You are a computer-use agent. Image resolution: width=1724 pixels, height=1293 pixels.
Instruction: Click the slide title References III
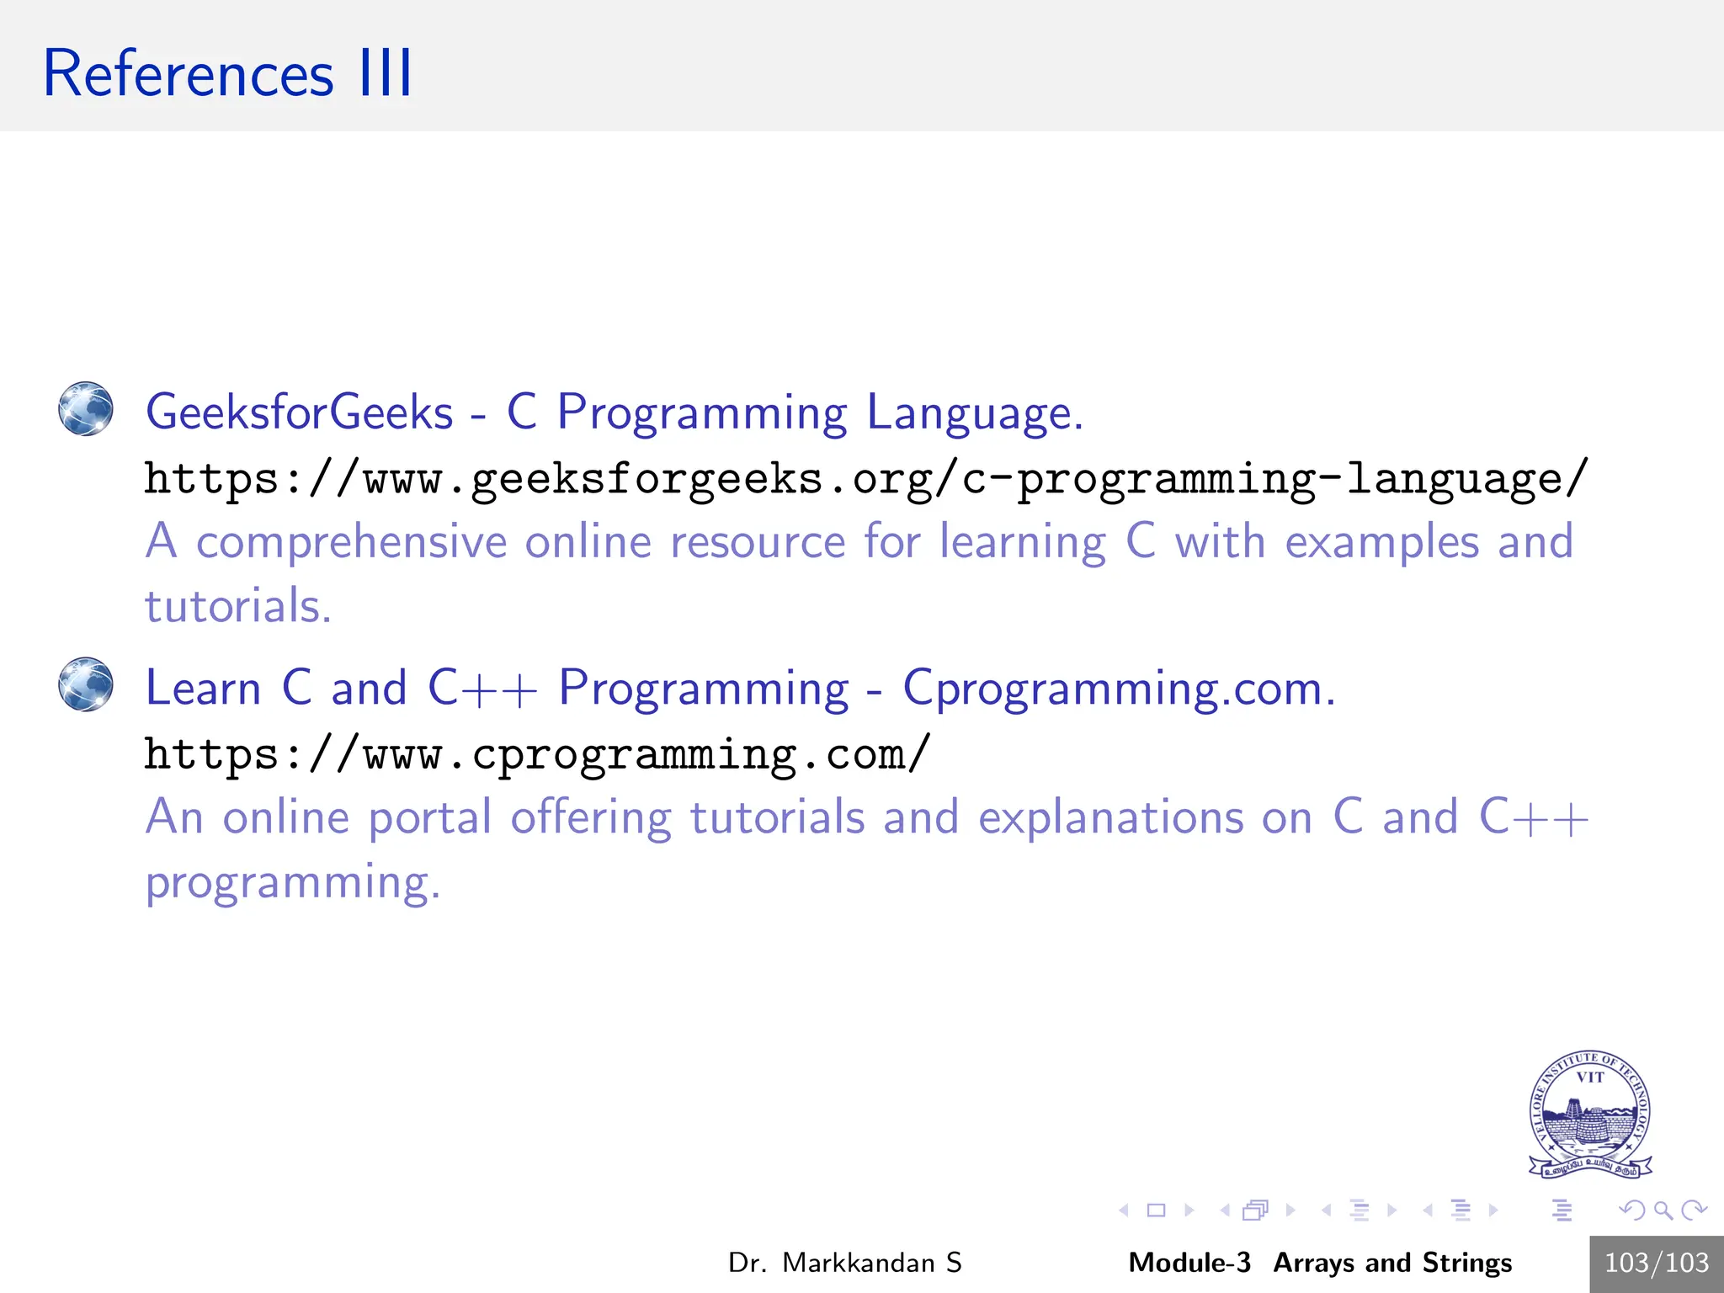pos(227,74)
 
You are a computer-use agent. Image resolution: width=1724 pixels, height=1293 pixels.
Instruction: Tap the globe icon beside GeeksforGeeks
pos(86,409)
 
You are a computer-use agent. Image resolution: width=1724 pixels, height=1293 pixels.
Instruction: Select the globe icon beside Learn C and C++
pos(86,684)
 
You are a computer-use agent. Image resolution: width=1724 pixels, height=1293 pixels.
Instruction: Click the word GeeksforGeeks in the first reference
pos(299,412)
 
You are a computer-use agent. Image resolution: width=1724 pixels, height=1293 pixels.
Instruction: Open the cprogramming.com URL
pos(537,755)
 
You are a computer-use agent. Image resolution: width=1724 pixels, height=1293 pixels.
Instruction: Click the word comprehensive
pos(351,541)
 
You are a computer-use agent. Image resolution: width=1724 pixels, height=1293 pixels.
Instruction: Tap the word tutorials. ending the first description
pos(238,606)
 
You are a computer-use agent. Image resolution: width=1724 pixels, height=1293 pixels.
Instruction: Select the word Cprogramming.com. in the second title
pos(1119,689)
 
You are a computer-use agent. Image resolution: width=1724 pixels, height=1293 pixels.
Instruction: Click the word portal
pos(429,818)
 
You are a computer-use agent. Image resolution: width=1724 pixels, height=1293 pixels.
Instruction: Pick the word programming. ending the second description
pos(292,883)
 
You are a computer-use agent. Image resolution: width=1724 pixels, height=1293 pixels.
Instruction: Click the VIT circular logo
pos(1589,1115)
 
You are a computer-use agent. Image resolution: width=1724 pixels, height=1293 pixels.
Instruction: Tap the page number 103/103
pos(1656,1263)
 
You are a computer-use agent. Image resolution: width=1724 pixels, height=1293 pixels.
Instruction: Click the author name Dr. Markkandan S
pos(844,1263)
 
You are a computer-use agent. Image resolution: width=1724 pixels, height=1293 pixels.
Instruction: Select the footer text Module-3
pos(1189,1263)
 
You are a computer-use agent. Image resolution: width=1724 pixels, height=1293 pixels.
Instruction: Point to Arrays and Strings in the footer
pos(1392,1263)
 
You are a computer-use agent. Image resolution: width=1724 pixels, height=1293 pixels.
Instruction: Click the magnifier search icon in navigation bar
pos(1663,1211)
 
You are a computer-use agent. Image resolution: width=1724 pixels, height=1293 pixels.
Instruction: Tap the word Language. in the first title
pos(975,412)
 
